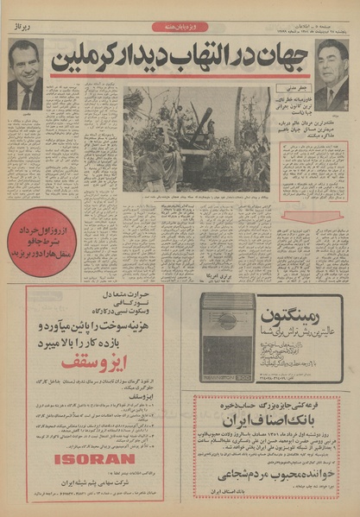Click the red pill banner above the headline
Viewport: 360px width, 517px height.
[179, 27]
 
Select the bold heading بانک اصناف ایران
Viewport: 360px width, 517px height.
[277, 420]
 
